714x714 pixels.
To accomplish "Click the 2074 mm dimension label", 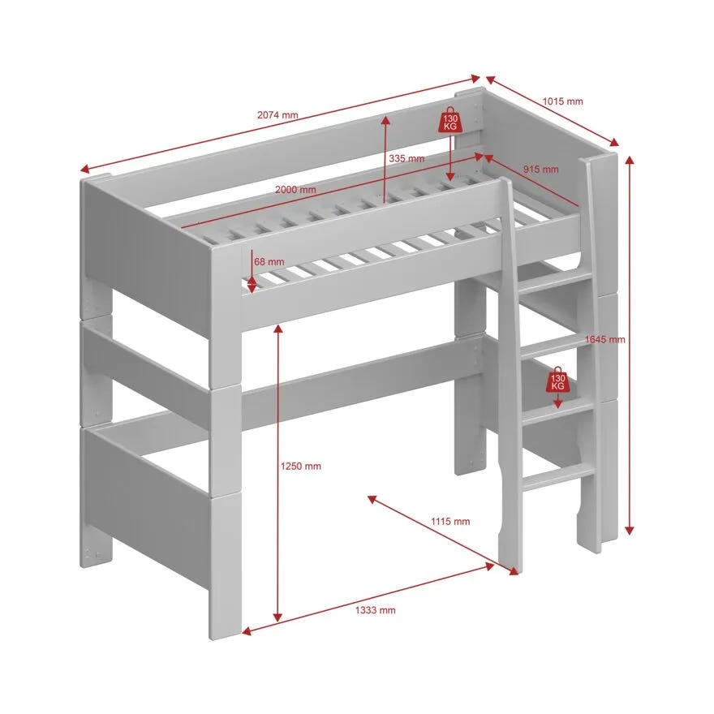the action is point(277,114).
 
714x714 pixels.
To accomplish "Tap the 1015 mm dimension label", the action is point(563,101).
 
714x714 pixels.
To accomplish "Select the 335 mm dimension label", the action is point(406,158).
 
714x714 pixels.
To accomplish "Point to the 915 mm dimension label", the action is point(540,170).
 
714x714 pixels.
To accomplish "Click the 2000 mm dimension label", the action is point(295,189).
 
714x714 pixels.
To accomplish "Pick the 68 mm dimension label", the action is point(269,262).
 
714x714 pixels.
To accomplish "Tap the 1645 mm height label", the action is point(605,339).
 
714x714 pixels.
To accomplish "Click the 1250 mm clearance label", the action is point(300,466).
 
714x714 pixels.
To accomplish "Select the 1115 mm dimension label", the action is point(450,522).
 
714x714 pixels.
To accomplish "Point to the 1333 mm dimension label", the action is point(375,610).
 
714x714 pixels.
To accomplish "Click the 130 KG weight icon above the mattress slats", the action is point(449,120).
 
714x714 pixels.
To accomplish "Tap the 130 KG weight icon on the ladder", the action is point(558,380).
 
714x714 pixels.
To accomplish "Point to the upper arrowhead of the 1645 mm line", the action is point(630,161).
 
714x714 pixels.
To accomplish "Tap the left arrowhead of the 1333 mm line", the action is point(247,631).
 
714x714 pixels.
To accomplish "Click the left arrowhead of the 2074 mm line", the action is point(85,170).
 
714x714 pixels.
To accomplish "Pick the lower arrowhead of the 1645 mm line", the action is point(630,530).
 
